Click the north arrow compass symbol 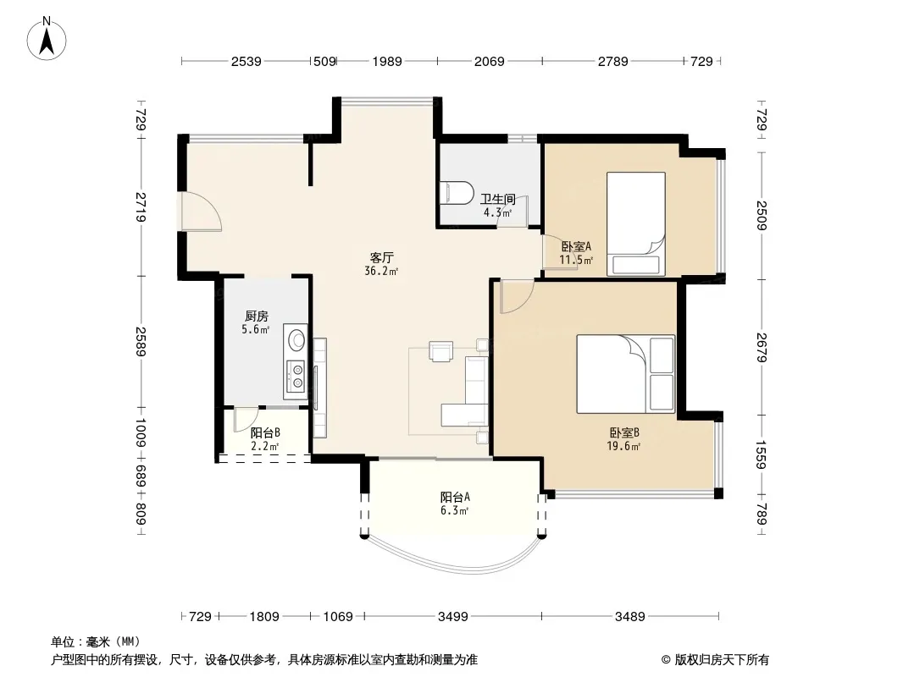pyautogui.click(x=47, y=39)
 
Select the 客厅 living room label pyautogui.click(x=381, y=257)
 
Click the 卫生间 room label pyautogui.click(x=497, y=199)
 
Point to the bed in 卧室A pyautogui.click(x=636, y=223)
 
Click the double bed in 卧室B pyautogui.click(x=625, y=374)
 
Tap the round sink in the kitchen pyautogui.click(x=297, y=339)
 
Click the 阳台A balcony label pyautogui.click(x=455, y=497)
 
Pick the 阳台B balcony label pyautogui.click(x=265, y=432)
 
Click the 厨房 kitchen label pyautogui.click(x=257, y=316)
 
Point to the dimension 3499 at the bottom pyautogui.click(x=452, y=617)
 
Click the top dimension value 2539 pyautogui.click(x=246, y=61)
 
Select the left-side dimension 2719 pyautogui.click(x=141, y=207)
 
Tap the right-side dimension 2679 pyautogui.click(x=762, y=348)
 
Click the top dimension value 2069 pyautogui.click(x=489, y=61)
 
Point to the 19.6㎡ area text pyautogui.click(x=623, y=446)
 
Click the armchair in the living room pyautogui.click(x=441, y=351)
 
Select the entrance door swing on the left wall pyautogui.click(x=200, y=211)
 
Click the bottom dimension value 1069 pyautogui.click(x=337, y=617)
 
